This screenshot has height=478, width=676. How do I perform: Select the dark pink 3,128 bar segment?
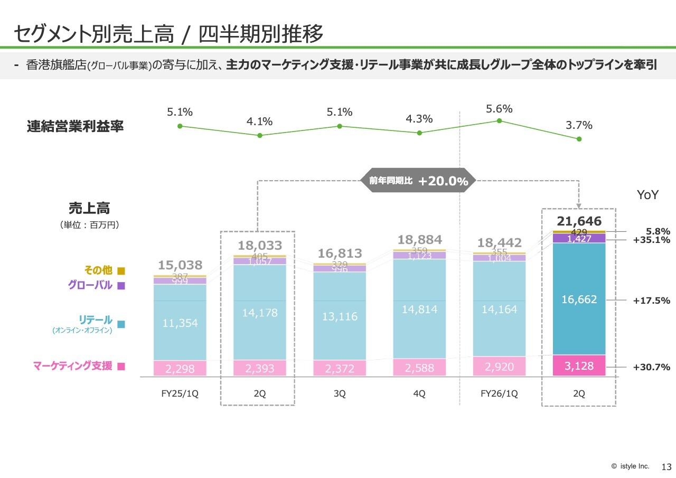(579, 366)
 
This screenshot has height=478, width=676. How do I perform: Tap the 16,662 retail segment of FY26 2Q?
(579, 299)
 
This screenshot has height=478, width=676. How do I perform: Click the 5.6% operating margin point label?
(499, 109)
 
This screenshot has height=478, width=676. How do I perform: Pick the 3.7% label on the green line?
(579, 125)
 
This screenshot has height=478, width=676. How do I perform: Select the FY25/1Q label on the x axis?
(180, 394)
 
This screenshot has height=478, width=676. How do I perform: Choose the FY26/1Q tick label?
(499, 394)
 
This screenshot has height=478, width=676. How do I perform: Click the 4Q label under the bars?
(419, 394)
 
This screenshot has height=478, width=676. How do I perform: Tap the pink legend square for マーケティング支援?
(121, 366)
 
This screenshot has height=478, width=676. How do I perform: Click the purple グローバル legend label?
(90, 285)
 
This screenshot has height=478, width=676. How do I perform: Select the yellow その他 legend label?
(98, 270)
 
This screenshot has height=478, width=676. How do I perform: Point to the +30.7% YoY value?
(651, 367)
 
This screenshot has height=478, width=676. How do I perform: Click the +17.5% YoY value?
(651, 301)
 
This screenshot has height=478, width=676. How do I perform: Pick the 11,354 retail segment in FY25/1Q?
(180, 323)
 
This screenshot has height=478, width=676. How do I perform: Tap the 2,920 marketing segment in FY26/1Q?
(499, 367)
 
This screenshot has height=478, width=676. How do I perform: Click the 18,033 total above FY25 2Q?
(259, 246)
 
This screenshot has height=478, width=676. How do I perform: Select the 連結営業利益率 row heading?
(75, 127)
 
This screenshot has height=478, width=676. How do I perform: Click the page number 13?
(666, 467)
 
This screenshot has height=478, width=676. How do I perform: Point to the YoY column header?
(647, 195)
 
